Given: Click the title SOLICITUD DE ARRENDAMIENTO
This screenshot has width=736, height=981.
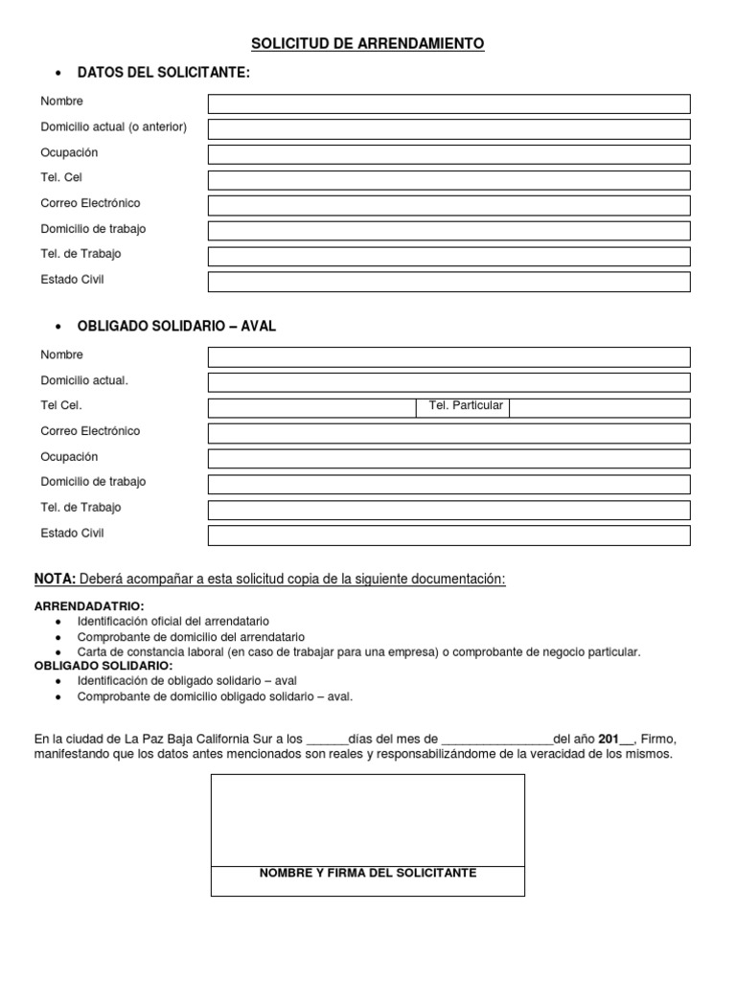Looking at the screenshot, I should coord(368,43).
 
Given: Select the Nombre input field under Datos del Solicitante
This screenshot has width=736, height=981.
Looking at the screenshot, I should coord(448,103).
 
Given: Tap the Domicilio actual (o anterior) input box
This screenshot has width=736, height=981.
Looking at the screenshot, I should coord(448,128).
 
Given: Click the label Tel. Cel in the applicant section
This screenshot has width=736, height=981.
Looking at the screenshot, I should coord(61,177).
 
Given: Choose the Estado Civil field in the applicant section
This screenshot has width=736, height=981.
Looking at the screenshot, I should coord(448,282).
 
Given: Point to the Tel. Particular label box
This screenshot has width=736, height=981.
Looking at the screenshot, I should coord(465,407).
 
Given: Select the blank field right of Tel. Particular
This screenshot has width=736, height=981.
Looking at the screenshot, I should coord(598,408).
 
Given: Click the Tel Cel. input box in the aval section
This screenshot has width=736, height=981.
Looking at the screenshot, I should coord(311,408).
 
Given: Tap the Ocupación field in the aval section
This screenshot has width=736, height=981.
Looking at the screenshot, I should coord(448,459).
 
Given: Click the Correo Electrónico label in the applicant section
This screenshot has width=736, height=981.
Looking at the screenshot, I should coord(90,203).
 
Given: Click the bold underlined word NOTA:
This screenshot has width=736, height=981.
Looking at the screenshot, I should coord(55,580).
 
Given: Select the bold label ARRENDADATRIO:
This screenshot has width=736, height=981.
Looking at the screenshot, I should coord(89,606).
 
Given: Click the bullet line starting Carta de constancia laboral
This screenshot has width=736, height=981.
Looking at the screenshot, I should coord(358,651).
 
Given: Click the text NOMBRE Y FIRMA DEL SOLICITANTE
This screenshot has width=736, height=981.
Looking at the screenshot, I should coord(368,873).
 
